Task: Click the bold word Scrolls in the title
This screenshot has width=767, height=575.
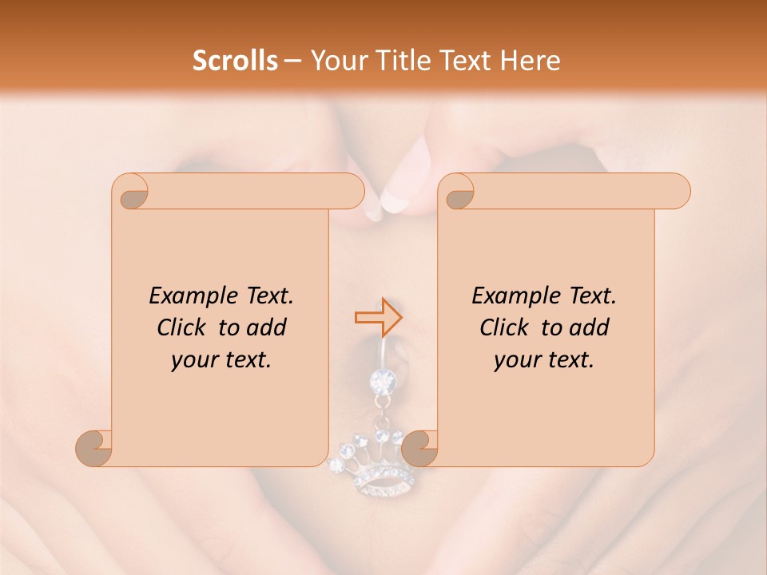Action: coord(236,61)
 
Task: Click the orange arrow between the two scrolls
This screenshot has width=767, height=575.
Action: coord(378,317)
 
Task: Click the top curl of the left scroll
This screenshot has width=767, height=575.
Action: coord(131,192)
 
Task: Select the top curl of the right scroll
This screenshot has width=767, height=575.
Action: coord(457,192)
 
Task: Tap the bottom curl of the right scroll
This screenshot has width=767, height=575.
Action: coord(419,448)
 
